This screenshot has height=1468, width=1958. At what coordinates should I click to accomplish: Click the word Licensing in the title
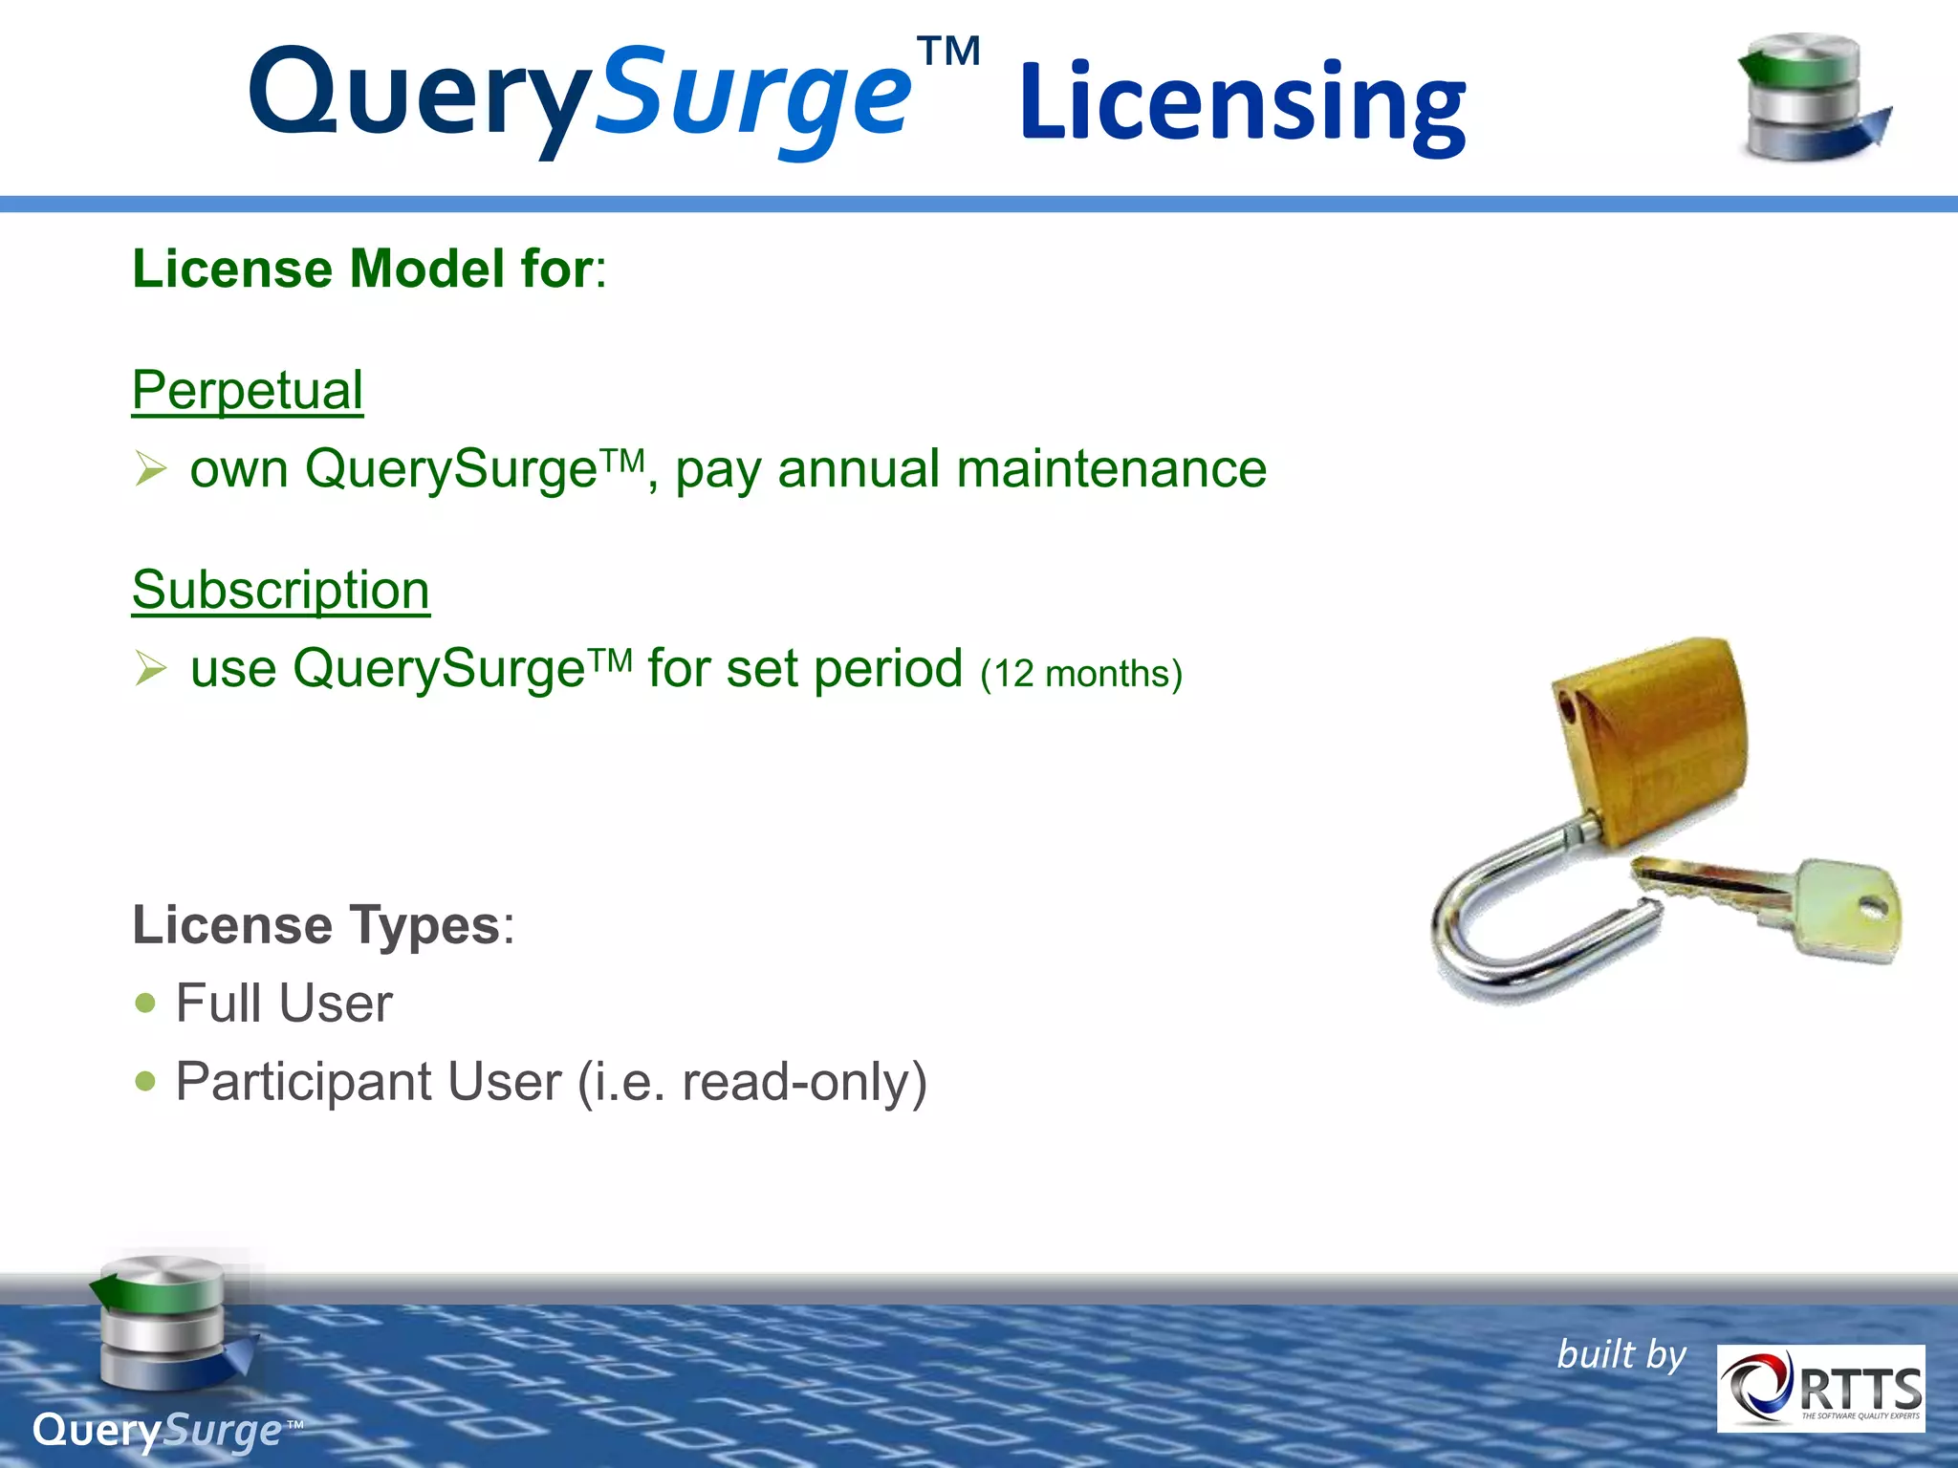1241,103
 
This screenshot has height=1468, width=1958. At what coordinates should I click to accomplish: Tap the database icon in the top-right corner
1811,98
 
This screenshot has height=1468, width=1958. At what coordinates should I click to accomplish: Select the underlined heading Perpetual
248,390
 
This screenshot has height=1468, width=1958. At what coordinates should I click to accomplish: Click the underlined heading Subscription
281,590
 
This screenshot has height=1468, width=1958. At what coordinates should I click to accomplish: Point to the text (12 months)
1081,674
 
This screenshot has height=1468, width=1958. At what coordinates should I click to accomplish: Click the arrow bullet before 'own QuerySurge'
151,468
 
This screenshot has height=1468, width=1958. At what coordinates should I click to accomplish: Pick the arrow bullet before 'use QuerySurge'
151,668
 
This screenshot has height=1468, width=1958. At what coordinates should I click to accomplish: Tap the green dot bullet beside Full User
145,1003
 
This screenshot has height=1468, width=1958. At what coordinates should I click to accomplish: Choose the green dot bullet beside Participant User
145,1081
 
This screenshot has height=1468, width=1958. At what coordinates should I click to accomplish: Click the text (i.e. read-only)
752,1082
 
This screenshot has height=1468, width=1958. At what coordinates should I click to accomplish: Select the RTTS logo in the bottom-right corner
1820,1388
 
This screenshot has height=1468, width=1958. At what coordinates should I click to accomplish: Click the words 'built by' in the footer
1621,1355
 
